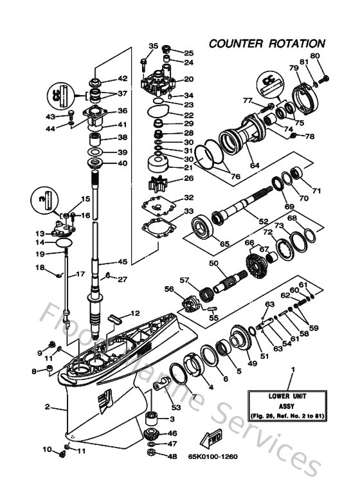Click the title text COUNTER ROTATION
266,44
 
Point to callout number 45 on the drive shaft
122,262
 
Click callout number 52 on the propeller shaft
263,221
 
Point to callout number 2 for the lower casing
47,407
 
